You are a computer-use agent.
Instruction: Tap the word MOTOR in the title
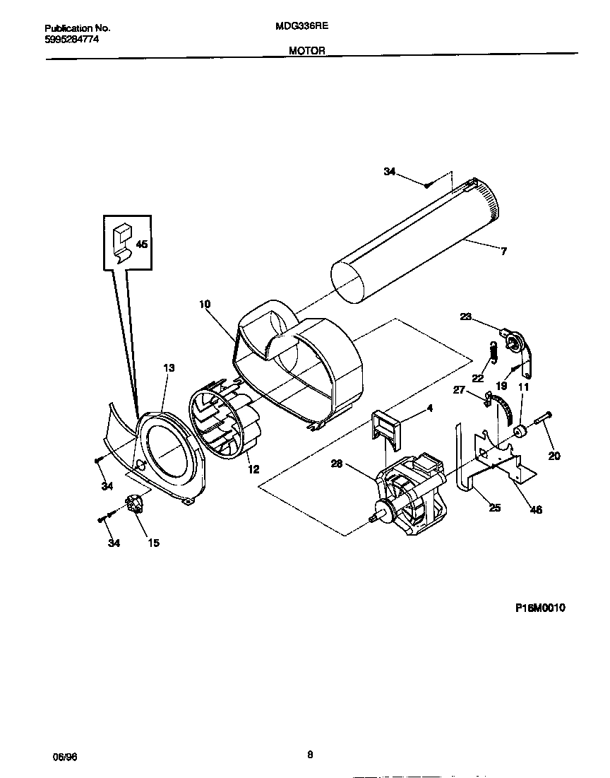(306, 51)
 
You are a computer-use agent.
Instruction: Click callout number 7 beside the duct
(503, 251)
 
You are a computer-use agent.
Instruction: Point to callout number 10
(205, 305)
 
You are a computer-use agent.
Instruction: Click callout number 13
(169, 367)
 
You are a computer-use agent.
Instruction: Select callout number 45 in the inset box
(141, 244)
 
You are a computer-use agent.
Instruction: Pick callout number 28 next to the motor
(337, 464)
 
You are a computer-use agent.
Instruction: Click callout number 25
(494, 507)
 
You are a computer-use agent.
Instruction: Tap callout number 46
(536, 509)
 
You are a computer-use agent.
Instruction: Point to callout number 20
(554, 456)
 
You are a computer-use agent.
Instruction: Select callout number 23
(465, 317)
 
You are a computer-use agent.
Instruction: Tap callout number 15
(153, 543)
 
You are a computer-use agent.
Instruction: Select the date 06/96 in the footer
(65, 756)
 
